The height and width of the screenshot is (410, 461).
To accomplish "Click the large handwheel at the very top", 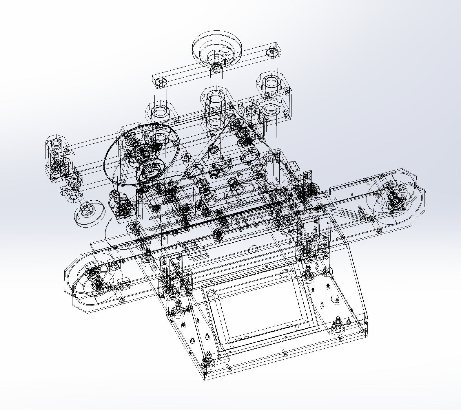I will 217,48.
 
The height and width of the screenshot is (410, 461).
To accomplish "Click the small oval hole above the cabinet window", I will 253,249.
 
